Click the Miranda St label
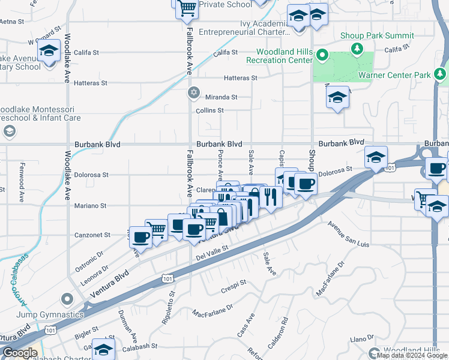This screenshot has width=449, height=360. [x=221, y=97]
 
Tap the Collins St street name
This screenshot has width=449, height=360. [x=209, y=110]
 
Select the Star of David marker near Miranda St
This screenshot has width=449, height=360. [x=193, y=92]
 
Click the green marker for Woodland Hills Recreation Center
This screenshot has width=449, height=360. [x=322, y=56]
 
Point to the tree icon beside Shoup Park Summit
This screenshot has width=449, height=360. [x=358, y=47]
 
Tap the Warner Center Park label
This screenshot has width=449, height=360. [x=394, y=75]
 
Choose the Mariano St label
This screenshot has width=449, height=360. [x=91, y=205]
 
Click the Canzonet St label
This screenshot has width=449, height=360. [x=91, y=235]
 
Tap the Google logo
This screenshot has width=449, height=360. [x=20, y=353]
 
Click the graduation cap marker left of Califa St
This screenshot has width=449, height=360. [x=49, y=51]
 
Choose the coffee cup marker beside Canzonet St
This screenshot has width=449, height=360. [x=142, y=238]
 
